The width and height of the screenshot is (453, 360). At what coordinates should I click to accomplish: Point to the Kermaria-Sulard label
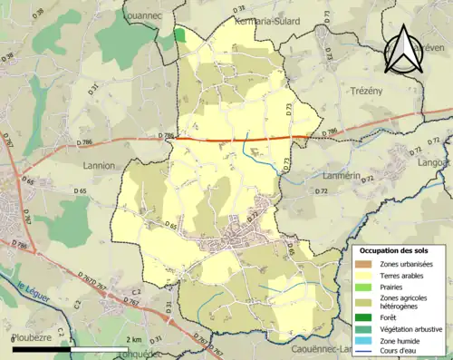pos(266,20)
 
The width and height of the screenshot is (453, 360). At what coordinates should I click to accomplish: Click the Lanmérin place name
pos(342,175)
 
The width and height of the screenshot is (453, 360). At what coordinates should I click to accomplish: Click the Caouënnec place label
pos(321,348)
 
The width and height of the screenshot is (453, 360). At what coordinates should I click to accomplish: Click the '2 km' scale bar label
pos(135,339)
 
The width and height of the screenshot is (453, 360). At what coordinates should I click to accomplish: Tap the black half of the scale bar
pos(43,348)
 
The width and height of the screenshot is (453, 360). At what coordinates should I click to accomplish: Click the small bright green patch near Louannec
pos(179,34)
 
